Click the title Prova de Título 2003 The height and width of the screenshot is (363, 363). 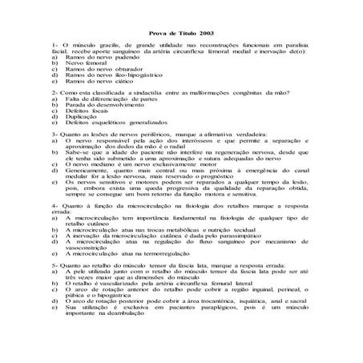tap(181, 34)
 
